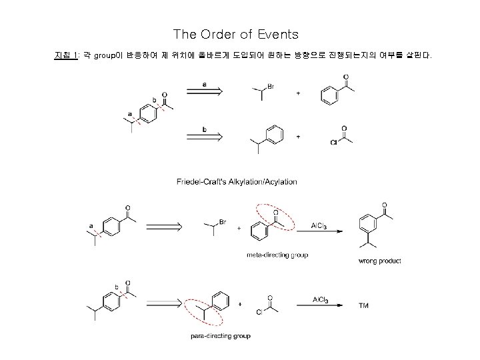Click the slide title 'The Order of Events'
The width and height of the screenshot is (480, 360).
tap(235, 33)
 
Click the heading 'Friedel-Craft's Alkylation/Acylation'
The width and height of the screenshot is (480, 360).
tap(237, 181)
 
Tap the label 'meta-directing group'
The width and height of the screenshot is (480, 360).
tap(277, 255)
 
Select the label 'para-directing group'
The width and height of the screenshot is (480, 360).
tap(220, 336)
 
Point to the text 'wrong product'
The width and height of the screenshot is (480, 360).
tap(379, 261)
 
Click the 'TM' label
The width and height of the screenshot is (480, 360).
tap(363, 305)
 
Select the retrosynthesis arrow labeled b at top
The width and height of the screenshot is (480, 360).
tap(203, 134)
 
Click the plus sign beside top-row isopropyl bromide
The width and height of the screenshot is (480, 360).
tap(297, 93)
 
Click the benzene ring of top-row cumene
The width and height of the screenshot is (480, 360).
tap(275, 135)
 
